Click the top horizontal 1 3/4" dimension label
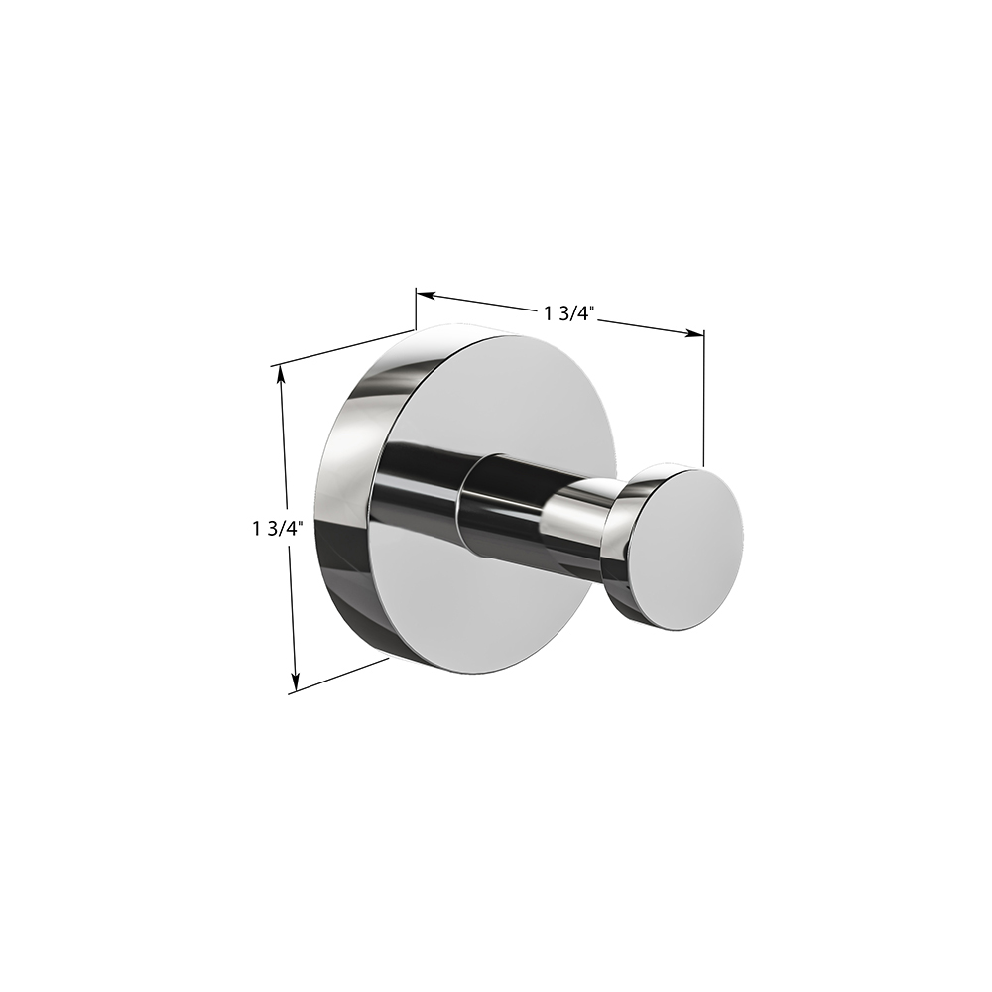568,312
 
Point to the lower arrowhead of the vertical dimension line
295,682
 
